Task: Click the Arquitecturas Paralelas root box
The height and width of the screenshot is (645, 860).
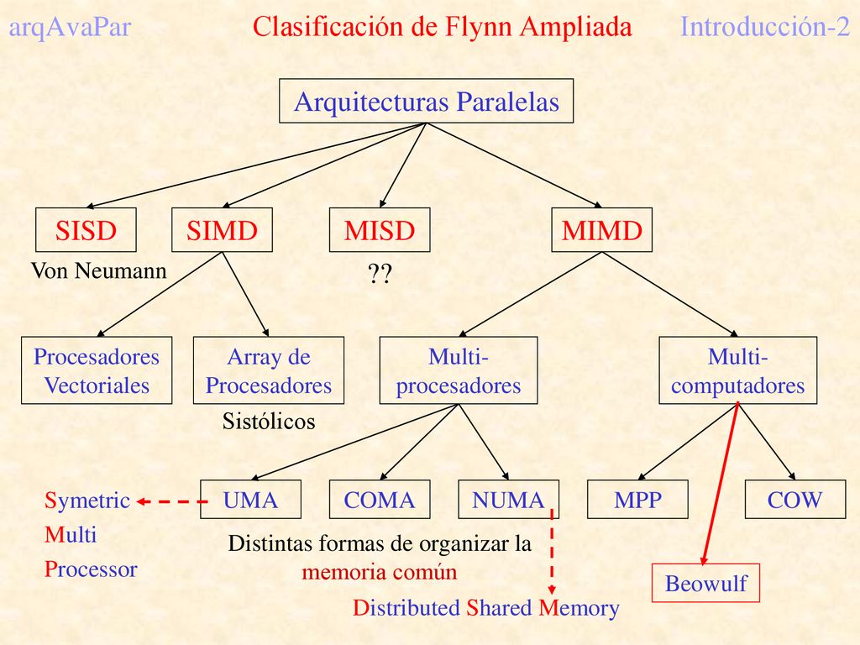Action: [x=426, y=101]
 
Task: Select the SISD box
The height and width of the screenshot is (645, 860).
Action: [x=86, y=230]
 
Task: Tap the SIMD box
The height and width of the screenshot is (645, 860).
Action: [x=222, y=230]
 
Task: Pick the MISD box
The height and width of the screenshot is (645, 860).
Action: [x=380, y=230]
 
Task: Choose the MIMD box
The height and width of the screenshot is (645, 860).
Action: [x=601, y=230]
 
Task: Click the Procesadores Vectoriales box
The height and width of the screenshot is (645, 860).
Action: [x=97, y=370]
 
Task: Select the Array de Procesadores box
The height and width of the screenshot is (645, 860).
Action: [x=269, y=370]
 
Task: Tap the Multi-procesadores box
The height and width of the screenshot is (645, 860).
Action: [x=459, y=370]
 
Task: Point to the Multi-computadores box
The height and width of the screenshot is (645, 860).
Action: [x=737, y=370]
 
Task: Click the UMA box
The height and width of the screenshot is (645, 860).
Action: [x=250, y=499]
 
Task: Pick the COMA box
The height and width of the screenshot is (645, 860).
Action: [x=380, y=499]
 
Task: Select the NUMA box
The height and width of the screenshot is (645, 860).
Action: [x=508, y=499]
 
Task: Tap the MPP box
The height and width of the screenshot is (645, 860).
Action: [x=637, y=499]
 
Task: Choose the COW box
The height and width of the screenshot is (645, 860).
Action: [x=795, y=499]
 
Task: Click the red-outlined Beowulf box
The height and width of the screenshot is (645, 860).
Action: [x=705, y=583]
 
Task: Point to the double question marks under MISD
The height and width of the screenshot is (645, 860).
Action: [x=380, y=273]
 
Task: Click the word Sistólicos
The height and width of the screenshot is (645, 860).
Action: [x=269, y=422]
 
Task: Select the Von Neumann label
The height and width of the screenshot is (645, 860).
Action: [x=99, y=270]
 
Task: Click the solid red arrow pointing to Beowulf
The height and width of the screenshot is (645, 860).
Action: [x=720, y=484]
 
